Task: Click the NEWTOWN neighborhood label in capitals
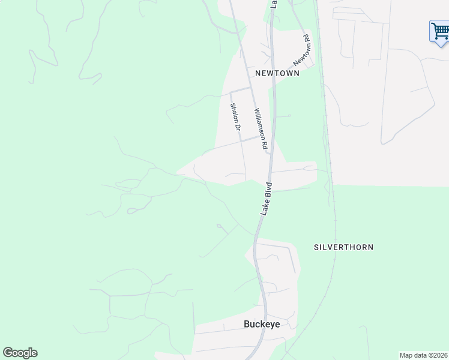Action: (x=277, y=73)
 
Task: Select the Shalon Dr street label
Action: (x=235, y=117)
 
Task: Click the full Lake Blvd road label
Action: (x=266, y=199)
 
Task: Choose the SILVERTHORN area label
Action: (x=343, y=247)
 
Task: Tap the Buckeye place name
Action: (x=262, y=323)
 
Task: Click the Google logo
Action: (x=20, y=353)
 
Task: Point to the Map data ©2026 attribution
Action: (x=424, y=355)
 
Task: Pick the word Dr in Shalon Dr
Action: (x=238, y=127)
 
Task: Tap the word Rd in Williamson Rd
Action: (x=264, y=145)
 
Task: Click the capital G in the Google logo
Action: (x=8, y=353)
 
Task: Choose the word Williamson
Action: (x=259, y=124)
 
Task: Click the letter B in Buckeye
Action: (x=247, y=323)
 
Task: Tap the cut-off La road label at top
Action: (x=274, y=3)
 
